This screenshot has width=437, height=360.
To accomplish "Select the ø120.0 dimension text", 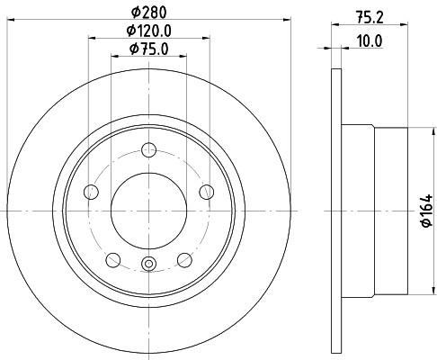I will [x=148, y=31].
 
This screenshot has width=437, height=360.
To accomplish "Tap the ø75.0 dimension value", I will [x=148, y=49].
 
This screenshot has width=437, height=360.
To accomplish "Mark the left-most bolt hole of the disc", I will [x=90, y=191].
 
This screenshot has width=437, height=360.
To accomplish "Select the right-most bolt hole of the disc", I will [x=207, y=191].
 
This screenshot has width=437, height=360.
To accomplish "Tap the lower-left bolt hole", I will [x=112, y=260].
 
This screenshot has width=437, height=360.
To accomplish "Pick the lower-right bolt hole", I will [x=184, y=260].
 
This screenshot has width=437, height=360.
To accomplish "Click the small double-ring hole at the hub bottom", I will [x=148, y=264].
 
